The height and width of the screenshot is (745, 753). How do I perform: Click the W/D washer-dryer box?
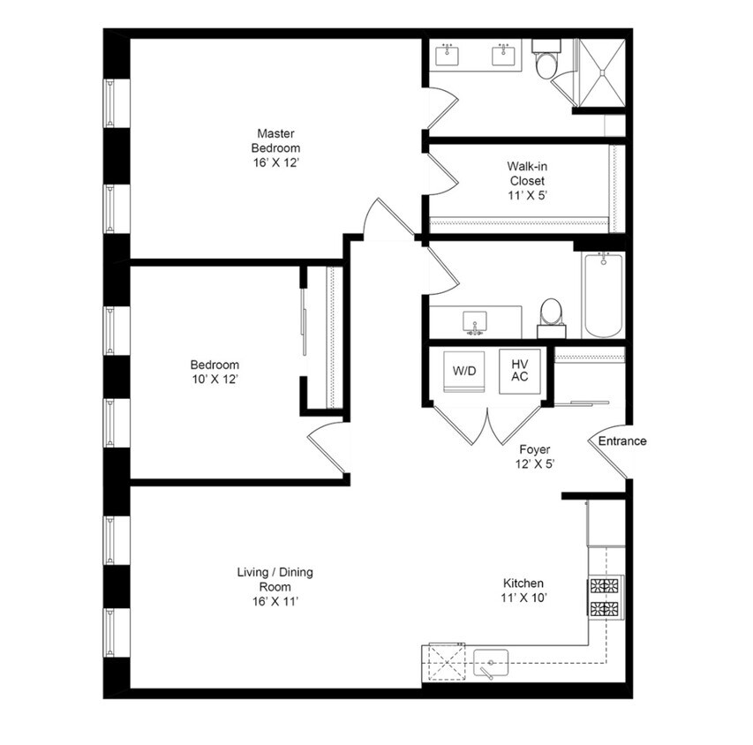[x=464, y=372]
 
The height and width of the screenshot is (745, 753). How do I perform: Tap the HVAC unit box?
[x=520, y=372]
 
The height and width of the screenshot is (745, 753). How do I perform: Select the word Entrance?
[x=621, y=441]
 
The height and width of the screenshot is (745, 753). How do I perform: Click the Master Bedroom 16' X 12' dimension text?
[x=276, y=162]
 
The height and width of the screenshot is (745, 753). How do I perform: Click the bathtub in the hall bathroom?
[x=603, y=296]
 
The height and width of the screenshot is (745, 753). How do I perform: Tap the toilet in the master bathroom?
[x=546, y=59]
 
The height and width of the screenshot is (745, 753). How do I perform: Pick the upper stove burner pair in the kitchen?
[x=604, y=586]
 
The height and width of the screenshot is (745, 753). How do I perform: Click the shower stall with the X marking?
[x=602, y=72]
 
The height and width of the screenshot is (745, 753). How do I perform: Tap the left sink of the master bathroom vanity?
[x=447, y=56]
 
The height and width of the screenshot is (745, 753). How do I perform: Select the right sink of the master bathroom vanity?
[x=503, y=56]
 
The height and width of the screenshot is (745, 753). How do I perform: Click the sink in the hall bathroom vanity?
[x=474, y=322]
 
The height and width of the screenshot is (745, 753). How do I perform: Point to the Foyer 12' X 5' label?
[x=534, y=457]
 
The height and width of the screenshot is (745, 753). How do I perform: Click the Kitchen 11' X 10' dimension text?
[x=523, y=598]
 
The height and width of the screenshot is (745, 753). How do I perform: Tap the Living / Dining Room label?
[x=275, y=586]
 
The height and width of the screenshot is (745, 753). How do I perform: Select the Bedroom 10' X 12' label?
[x=215, y=372]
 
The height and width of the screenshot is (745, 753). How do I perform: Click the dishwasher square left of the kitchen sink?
[x=447, y=662]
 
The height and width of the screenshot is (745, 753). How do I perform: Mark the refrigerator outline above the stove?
[x=606, y=523]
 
